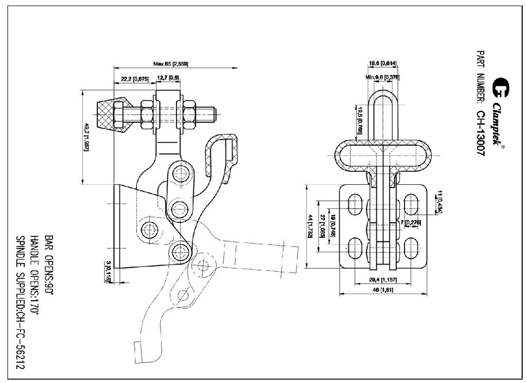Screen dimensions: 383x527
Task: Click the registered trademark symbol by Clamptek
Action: coord(503,147)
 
